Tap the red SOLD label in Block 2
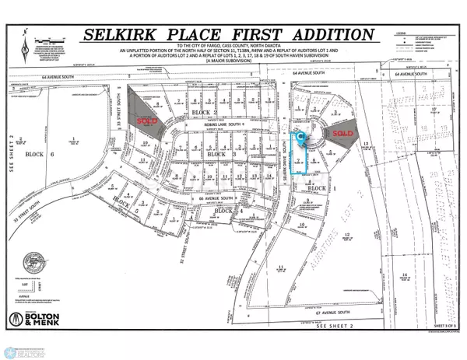coord(146,121)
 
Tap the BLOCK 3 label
coord(215,156)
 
